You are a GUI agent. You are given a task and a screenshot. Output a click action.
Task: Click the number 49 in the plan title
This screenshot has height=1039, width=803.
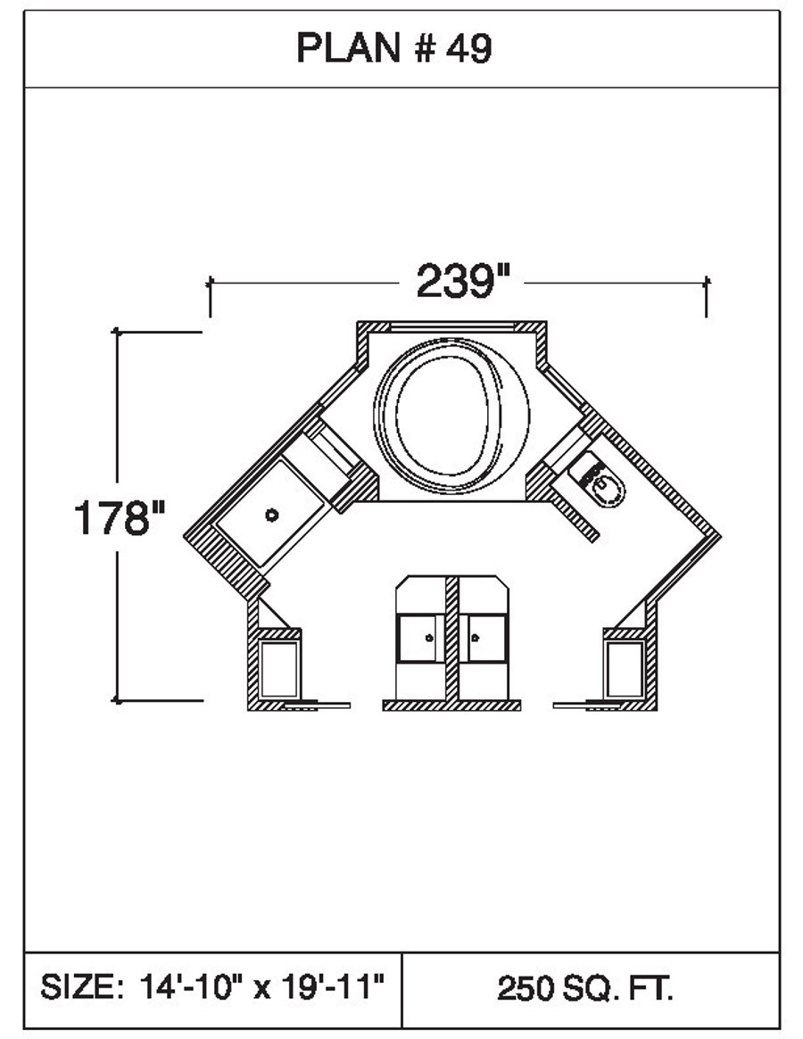468,48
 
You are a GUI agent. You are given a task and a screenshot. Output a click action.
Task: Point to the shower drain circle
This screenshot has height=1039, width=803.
271,515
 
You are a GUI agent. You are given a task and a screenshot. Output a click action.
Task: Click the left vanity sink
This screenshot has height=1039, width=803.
419,638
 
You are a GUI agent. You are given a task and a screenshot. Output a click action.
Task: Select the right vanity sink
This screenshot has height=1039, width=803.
484,638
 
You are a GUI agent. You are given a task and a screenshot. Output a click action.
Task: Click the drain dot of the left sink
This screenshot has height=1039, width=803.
428,638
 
